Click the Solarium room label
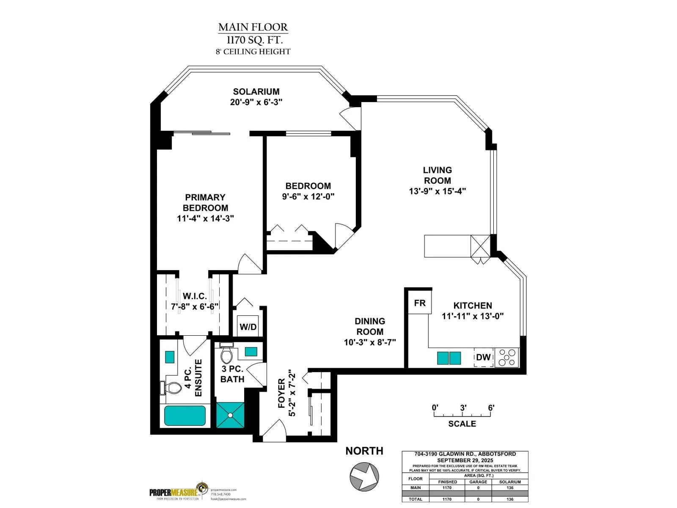(x=256, y=92)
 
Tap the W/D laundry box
(x=248, y=326)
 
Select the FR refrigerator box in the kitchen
(x=419, y=303)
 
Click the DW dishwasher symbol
(x=483, y=357)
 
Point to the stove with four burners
(x=506, y=357)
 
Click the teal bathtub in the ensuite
(x=185, y=416)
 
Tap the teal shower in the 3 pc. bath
(x=231, y=415)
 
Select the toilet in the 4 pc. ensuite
(x=171, y=387)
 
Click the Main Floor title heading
(x=253, y=28)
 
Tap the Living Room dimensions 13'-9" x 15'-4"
(x=437, y=191)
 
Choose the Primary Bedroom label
(x=205, y=202)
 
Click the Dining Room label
(x=370, y=326)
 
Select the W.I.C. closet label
(x=195, y=296)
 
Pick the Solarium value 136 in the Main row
(x=510, y=488)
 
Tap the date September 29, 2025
(x=465, y=460)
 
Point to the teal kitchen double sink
(x=449, y=358)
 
